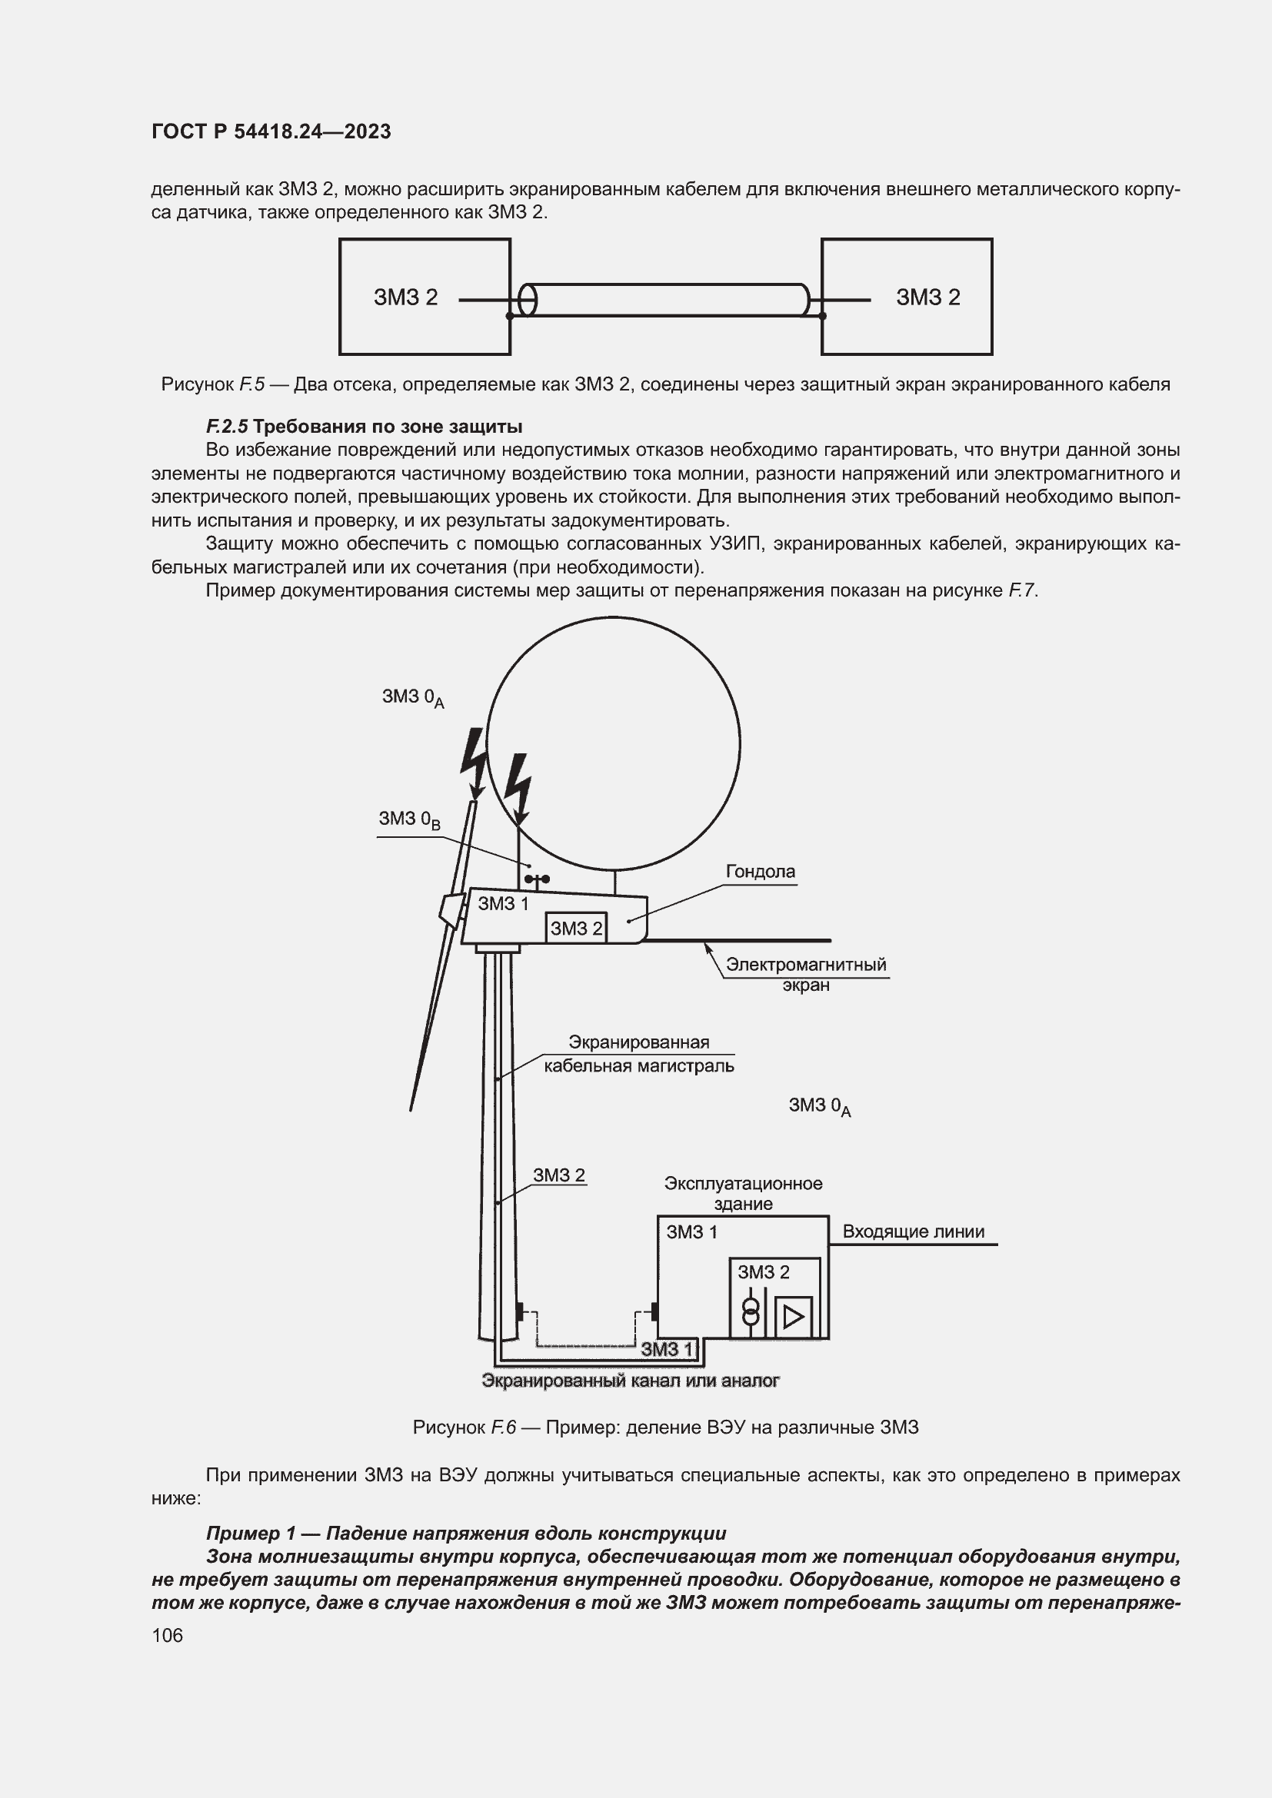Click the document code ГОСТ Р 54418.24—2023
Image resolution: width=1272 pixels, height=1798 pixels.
pyautogui.click(x=271, y=131)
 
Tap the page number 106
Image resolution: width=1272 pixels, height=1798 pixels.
pyautogui.click(x=167, y=1635)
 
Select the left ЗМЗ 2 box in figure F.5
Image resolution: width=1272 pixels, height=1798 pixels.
pyautogui.click(x=425, y=297)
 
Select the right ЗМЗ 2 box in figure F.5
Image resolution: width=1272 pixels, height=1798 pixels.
pyautogui.click(x=906, y=297)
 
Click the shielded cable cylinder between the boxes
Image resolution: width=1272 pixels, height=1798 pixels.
pyautogui.click(x=666, y=300)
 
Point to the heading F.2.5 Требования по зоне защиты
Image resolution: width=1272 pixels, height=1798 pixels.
pyautogui.click(x=365, y=427)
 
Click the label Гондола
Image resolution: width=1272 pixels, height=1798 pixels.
pyautogui.click(x=760, y=872)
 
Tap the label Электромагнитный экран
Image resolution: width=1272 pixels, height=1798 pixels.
pyautogui.click(x=806, y=974)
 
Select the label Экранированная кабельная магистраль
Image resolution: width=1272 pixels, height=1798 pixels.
pyautogui.click(x=639, y=1054)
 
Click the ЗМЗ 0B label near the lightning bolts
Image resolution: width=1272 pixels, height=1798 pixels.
pyautogui.click(x=410, y=819)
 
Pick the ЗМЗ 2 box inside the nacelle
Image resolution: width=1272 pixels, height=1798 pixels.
pyautogui.click(x=576, y=928)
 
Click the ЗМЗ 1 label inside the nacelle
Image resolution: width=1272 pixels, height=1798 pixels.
pyautogui.click(x=503, y=904)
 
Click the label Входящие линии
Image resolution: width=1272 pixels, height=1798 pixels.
pyautogui.click(x=914, y=1231)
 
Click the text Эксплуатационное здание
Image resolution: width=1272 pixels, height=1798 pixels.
pyautogui.click(x=744, y=1194)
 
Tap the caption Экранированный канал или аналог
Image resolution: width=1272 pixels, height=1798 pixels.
pyautogui.click(x=631, y=1381)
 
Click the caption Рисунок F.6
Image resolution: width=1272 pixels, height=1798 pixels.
pyautogui.click(x=665, y=1427)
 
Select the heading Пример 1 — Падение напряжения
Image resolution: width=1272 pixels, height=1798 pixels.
pyautogui.click(x=466, y=1534)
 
